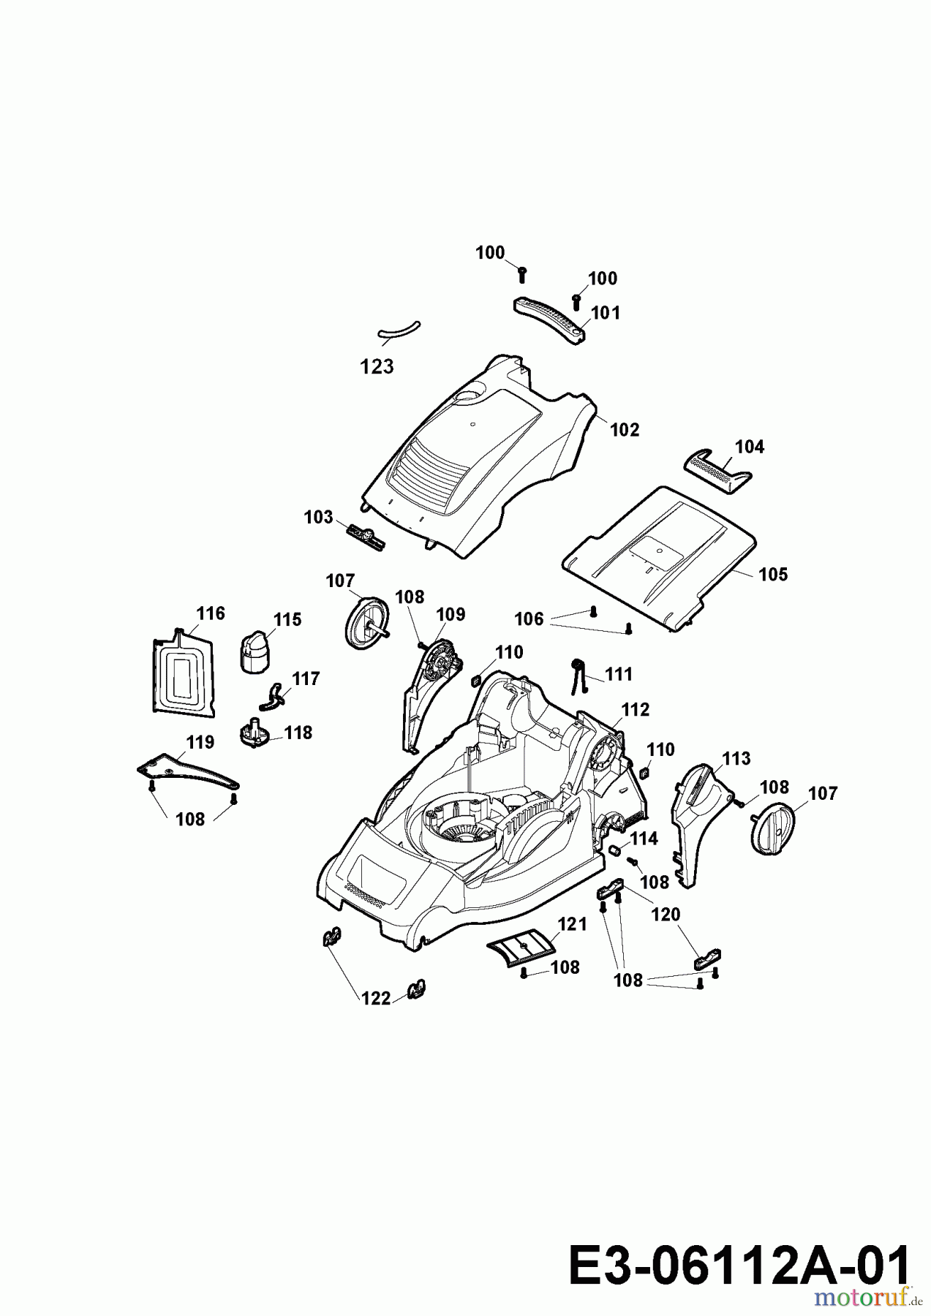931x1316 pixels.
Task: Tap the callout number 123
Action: (x=377, y=366)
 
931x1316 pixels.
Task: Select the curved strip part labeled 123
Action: (x=399, y=330)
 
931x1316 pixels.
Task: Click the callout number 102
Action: (x=625, y=430)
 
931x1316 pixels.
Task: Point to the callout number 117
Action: (x=306, y=679)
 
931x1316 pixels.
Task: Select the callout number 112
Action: (x=635, y=710)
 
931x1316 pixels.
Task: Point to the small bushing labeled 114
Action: (x=615, y=850)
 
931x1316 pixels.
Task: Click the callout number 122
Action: (x=376, y=998)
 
